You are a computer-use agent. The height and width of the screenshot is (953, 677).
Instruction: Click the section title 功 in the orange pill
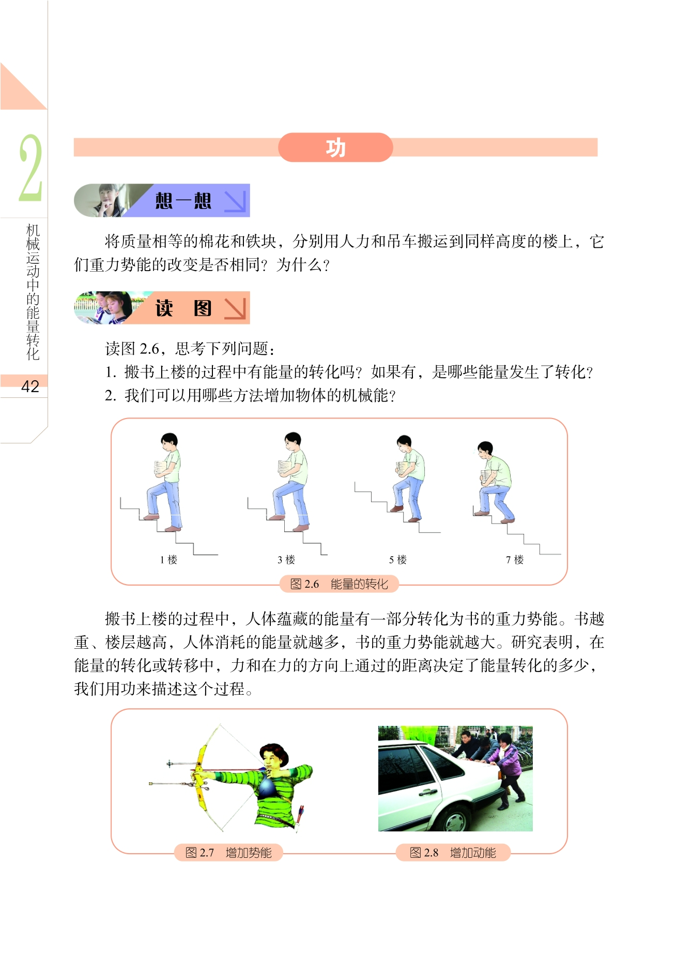click(x=335, y=148)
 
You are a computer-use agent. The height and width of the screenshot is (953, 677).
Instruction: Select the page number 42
click(x=30, y=386)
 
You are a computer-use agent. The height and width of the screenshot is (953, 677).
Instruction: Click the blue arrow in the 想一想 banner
click(x=235, y=201)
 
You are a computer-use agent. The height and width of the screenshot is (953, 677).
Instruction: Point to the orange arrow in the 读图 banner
click(x=235, y=308)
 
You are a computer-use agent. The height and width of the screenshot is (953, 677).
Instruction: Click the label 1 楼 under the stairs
click(x=168, y=560)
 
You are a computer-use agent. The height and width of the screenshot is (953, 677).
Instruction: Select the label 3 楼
click(x=286, y=560)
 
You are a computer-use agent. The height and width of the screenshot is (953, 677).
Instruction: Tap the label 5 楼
click(x=398, y=560)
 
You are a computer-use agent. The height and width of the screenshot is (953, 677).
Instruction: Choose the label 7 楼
click(x=515, y=560)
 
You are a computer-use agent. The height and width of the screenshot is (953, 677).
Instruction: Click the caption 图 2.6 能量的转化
click(x=339, y=584)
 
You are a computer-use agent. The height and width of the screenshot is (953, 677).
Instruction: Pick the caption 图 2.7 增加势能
click(x=228, y=853)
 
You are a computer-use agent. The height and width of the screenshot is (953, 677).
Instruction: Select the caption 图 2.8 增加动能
click(x=453, y=853)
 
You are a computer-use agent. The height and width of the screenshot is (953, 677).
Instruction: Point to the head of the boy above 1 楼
click(x=169, y=442)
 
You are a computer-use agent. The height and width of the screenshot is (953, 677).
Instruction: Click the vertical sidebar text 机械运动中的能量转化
click(x=33, y=292)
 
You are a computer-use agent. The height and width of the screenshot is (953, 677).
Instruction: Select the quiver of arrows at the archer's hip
click(x=300, y=815)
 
